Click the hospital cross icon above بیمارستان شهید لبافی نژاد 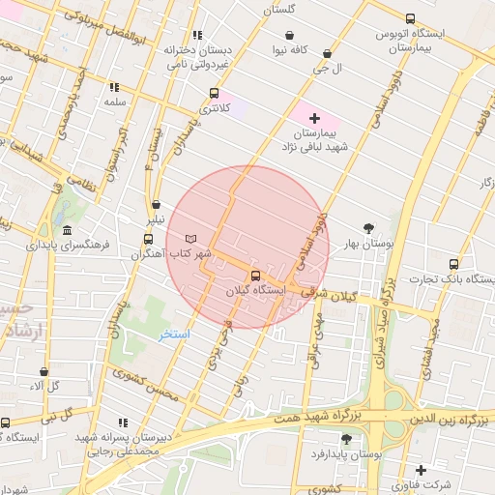click(313, 118)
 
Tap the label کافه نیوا click(290, 48)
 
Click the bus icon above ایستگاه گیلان click(255, 275)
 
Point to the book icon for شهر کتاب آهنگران click(190, 238)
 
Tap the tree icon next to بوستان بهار click(369, 228)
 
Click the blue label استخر click(175, 334)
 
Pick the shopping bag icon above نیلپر click(156, 205)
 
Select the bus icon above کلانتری click(214, 94)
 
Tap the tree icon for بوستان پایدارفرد click(346, 439)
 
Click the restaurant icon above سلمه click(115, 87)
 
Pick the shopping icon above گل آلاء click(44, 371)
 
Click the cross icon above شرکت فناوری click(420, 470)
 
